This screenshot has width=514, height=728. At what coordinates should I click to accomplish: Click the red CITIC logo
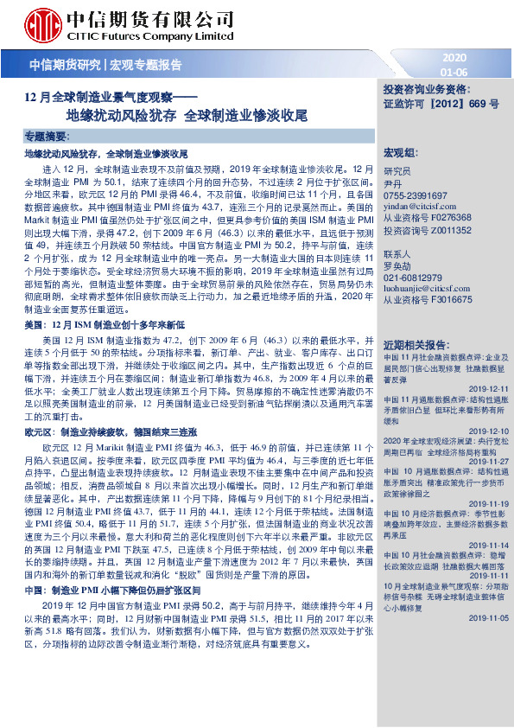point(43,23)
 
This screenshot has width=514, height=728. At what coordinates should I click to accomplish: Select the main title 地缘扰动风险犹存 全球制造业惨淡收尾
point(187,113)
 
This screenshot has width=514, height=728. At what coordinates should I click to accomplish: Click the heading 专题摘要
point(46,137)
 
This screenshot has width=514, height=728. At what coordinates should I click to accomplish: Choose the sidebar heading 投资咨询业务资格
point(426,89)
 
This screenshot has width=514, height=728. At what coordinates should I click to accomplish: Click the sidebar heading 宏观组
point(400,151)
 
